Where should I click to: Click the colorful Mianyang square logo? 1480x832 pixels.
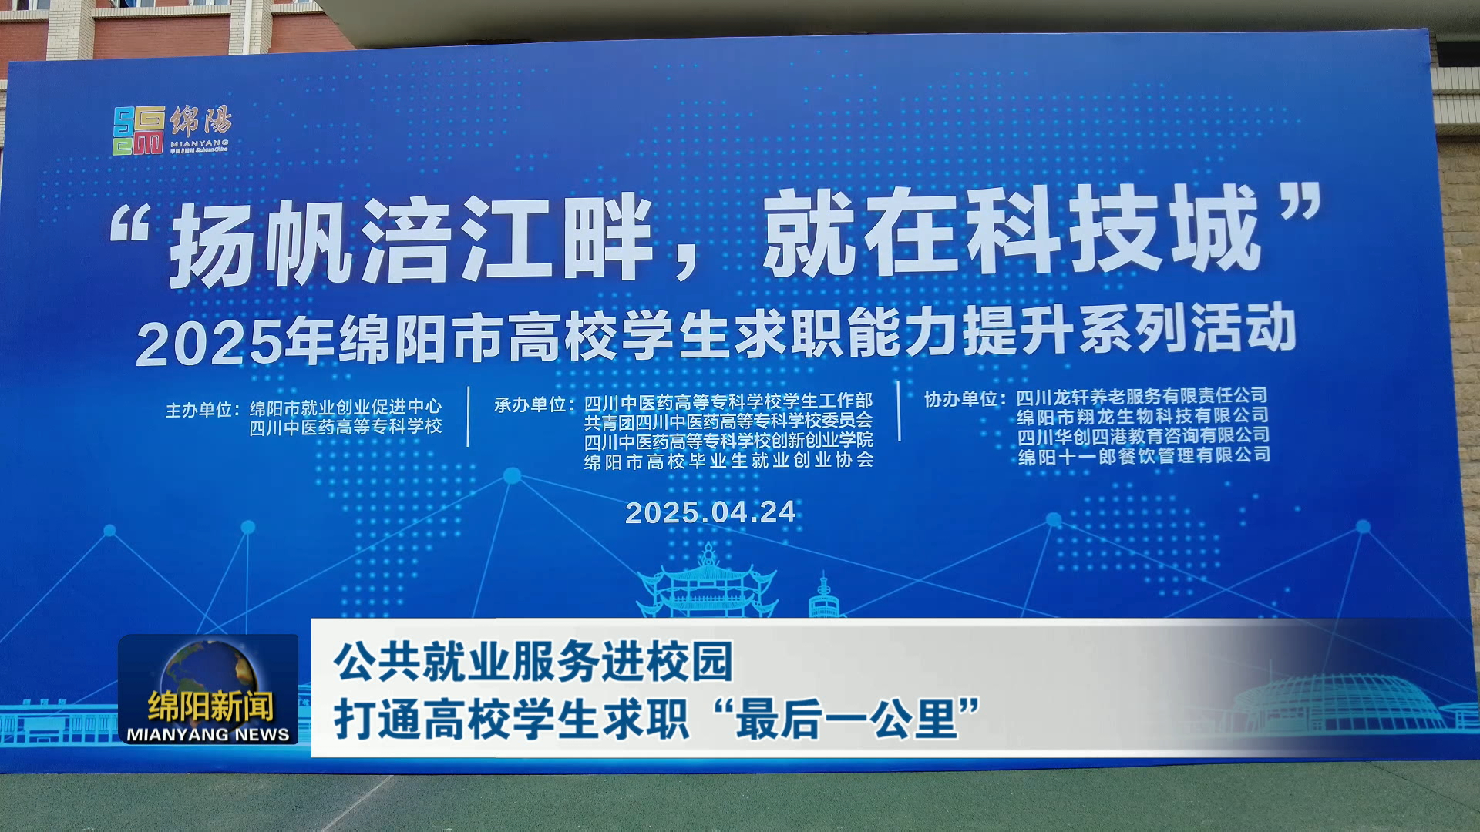coord(139,130)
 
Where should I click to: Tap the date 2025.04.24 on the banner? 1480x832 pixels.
coord(710,512)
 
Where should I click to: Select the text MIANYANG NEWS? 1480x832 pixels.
coord(208,734)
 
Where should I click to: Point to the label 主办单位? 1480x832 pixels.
coord(199,410)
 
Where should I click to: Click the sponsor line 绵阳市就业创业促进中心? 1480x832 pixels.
coord(345,407)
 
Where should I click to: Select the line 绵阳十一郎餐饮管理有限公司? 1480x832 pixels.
coord(1144,455)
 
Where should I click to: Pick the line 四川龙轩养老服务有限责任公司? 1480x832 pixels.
coord(1142,396)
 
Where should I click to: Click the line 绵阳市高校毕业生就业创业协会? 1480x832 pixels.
coord(728,461)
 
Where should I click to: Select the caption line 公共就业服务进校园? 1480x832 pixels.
coord(533,662)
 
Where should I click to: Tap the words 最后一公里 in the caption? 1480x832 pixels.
coord(846,720)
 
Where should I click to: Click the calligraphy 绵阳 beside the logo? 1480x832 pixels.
coord(200,122)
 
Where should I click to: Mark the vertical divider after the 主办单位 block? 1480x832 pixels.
coord(468,416)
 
